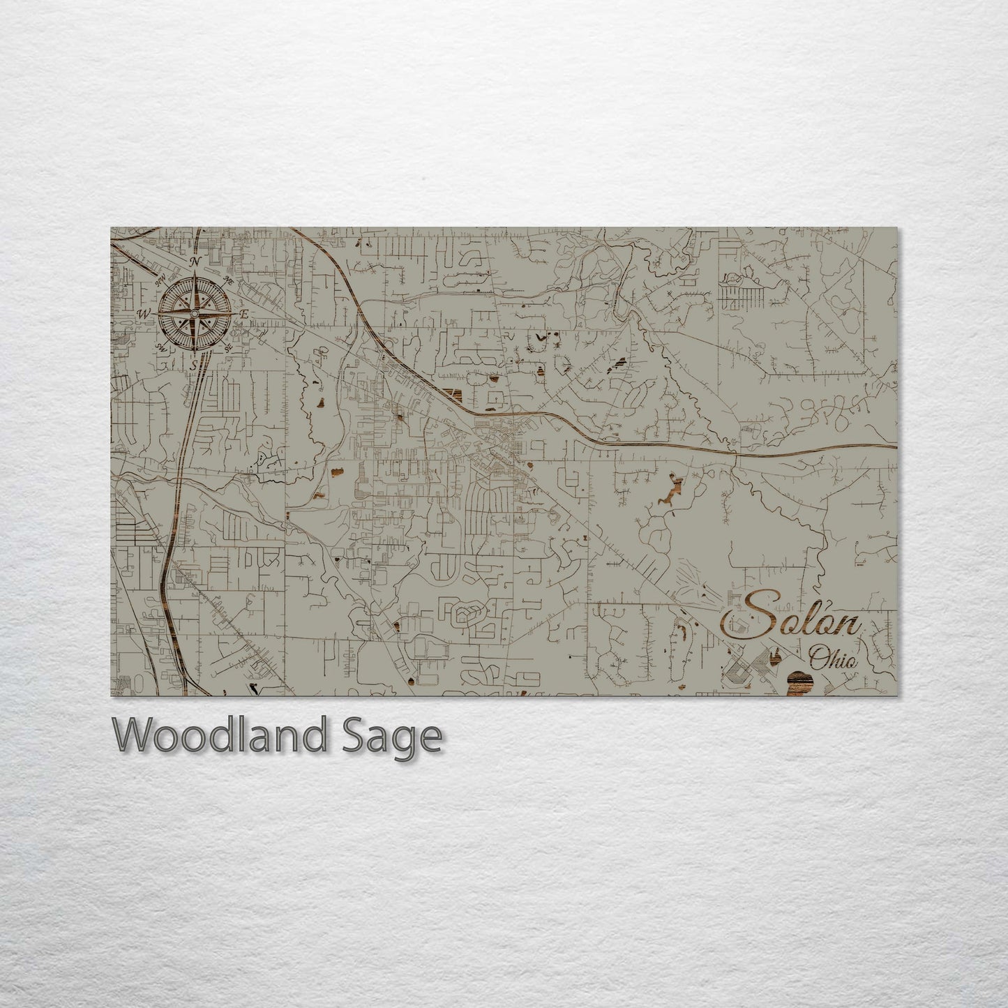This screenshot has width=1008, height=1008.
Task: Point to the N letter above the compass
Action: pyautogui.click(x=196, y=262)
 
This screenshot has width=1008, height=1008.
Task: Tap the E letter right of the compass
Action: pyautogui.click(x=244, y=315)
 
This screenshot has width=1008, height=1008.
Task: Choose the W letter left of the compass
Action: pyautogui.click(x=144, y=314)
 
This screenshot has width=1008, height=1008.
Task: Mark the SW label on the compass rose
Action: pyautogui.click(x=160, y=347)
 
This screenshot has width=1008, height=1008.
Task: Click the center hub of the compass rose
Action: pyautogui.click(x=195, y=314)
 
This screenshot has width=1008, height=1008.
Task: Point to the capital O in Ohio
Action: pyautogui.click(x=818, y=656)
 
